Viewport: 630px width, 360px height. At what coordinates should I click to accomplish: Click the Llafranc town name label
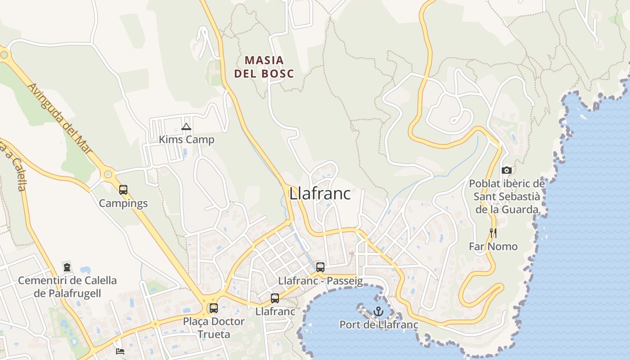(x=320, y=193)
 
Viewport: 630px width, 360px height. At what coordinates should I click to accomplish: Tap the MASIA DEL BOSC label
(x=264, y=67)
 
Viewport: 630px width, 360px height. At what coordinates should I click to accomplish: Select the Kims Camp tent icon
(x=186, y=127)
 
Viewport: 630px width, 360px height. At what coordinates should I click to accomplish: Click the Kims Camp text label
(x=186, y=139)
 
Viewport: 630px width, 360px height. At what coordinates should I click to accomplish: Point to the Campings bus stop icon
(x=123, y=190)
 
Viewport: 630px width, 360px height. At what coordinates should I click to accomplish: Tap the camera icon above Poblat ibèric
(x=507, y=170)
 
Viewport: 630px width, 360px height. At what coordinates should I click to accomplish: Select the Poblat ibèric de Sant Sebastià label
(x=507, y=197)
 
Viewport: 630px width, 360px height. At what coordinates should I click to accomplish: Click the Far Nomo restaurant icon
(x=493, y=233)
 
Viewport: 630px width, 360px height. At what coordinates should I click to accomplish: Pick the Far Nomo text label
(x=493, y=247)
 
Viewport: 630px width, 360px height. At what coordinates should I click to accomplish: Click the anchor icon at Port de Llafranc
(x=378, y=311)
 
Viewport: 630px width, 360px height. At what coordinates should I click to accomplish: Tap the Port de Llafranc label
(x=378, y=325)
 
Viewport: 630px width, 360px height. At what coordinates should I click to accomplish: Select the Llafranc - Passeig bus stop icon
(x=320, y=267)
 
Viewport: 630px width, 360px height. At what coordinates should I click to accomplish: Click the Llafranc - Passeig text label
(x=320, y=281)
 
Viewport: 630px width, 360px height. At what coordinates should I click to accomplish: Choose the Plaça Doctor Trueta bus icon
(x=214, y=308)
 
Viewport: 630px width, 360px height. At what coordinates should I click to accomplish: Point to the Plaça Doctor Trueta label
(x=214, y=328)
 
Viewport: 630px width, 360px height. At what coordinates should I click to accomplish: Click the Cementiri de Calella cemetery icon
(x=67, y=267)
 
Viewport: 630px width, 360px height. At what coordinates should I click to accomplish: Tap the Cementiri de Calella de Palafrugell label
(x=67, y=287)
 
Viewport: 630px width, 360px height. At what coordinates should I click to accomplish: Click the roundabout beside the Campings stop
(x=108, y=174)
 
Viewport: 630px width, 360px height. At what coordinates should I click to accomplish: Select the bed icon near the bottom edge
(x=120, y=351)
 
